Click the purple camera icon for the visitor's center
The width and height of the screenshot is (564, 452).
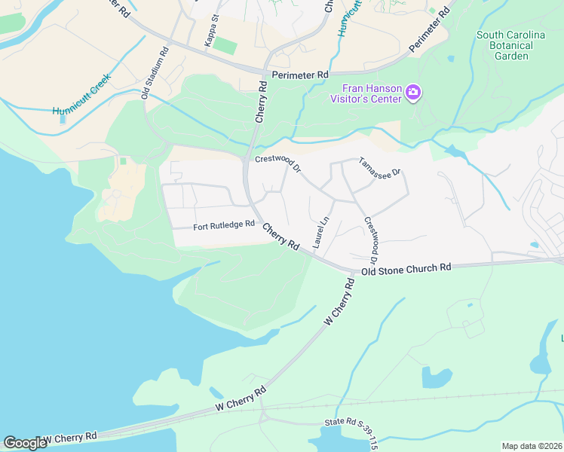click(x=412, y=93)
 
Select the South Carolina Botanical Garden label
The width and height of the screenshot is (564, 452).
click(x=516, y=45)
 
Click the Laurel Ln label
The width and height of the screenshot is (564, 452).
click(x=322, y=232)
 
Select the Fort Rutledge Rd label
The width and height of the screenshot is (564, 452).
click(x=224, y=226)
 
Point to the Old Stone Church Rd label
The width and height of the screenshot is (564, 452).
click(x=406, y=269)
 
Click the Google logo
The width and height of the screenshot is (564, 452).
click(x=25, y=443)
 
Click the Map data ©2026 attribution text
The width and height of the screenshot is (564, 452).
click(x=531, y=445)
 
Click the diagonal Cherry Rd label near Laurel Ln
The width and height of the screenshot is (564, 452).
click(x=282, y=237)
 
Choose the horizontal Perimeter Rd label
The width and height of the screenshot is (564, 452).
click(x=301, y=75)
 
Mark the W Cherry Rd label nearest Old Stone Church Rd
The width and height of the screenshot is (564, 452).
click(x=339, y=301)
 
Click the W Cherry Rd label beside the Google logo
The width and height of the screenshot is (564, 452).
click(x=69, y=437)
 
